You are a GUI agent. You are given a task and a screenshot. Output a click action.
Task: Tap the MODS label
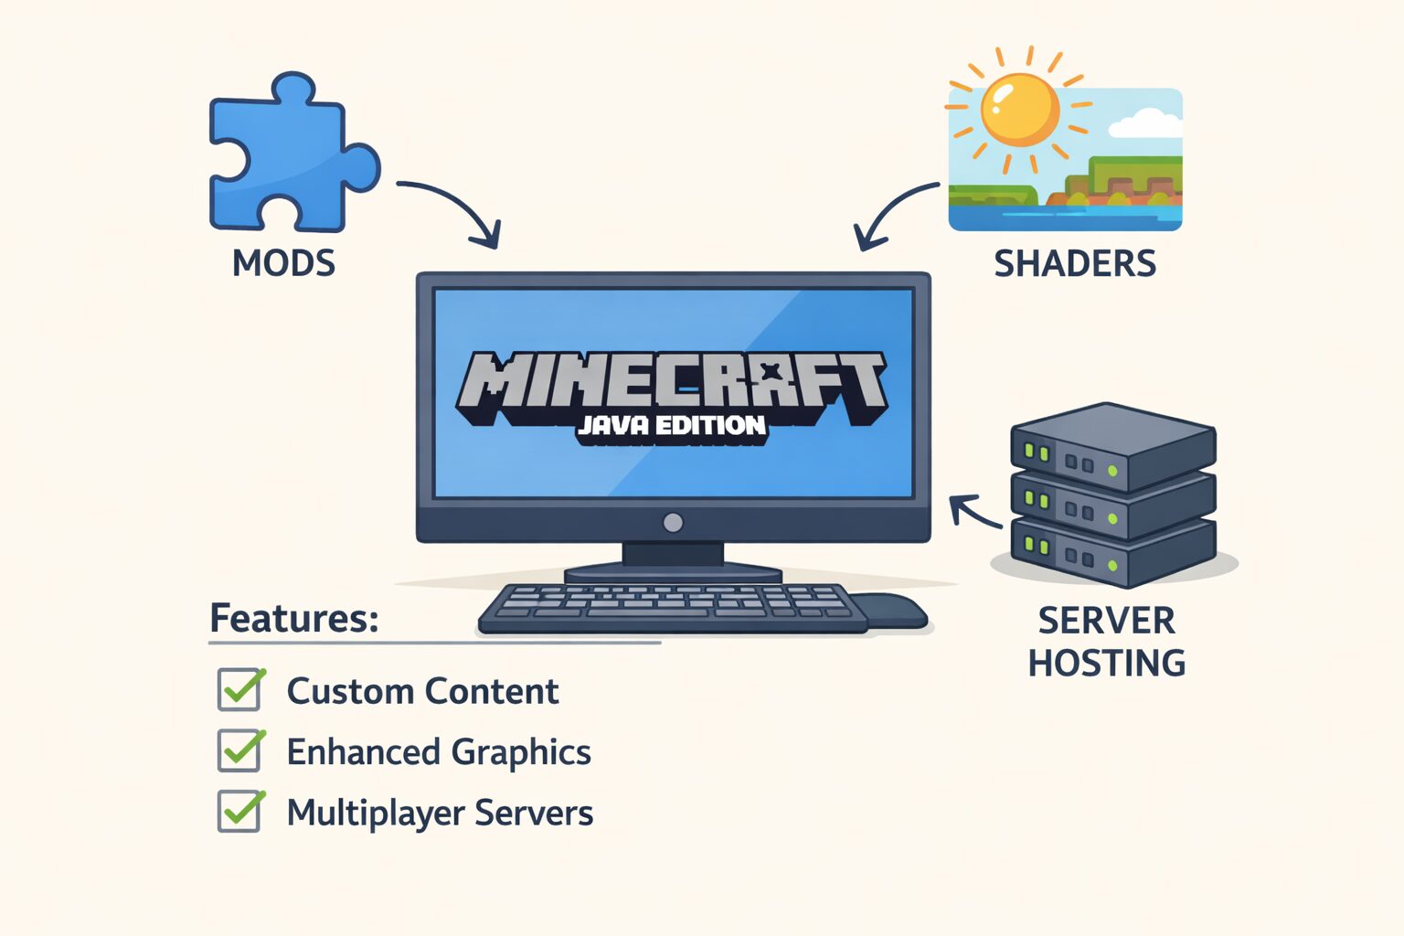(283, 263)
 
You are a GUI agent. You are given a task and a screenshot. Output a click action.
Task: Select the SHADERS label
(1075, 263)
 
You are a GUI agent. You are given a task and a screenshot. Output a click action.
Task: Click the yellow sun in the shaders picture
(1019, 109)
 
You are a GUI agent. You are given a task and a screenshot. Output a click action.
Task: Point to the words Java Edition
(672, 426)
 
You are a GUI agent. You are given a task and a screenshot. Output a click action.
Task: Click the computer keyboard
(672, 607)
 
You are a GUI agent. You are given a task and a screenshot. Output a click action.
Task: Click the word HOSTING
(1107, 663)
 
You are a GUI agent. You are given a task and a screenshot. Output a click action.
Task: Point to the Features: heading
(294, 619)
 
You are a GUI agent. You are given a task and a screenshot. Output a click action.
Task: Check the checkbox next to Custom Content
(240, 690)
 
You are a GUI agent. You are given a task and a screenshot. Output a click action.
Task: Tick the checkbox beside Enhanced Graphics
(240, 751)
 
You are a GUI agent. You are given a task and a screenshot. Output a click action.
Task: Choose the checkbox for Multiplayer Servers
(240, 812)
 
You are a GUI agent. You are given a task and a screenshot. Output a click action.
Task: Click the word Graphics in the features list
(521, 752)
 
